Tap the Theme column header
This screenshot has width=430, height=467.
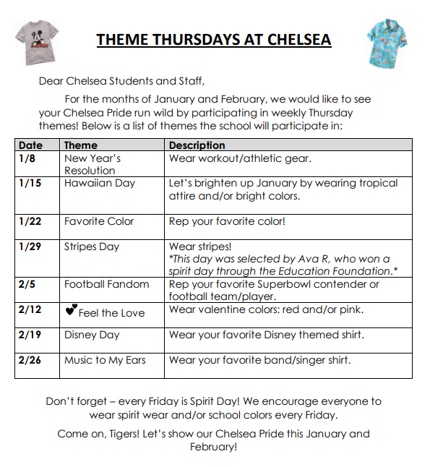pyautogui.click(x=80, y=145)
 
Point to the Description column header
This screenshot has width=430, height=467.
pyautogui.click(x=197, y=145)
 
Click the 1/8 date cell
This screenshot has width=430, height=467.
pyautogui.click(x=27, y=158)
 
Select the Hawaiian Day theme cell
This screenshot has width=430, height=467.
pyautogui.click(x=100, y=183)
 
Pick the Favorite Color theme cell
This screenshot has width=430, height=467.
pyautogui.click(x=99, y=221)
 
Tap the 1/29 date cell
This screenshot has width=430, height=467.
pyautogui.click(x=30, y=247)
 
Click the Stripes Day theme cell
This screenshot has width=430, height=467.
pyautogui.click(x=93, y=247)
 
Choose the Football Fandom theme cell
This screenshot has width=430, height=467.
pyautogui.click(x=106, y=284)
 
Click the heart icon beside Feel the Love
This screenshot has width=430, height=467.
pyautogui.click(x=70, y=311)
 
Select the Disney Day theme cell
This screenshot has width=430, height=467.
pyautogui.click(x=92, y=335)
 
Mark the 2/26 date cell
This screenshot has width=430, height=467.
pyautogui.click(x=30, y=360)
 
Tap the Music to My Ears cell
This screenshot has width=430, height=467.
pyautogui.click(x=105, y=360)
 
